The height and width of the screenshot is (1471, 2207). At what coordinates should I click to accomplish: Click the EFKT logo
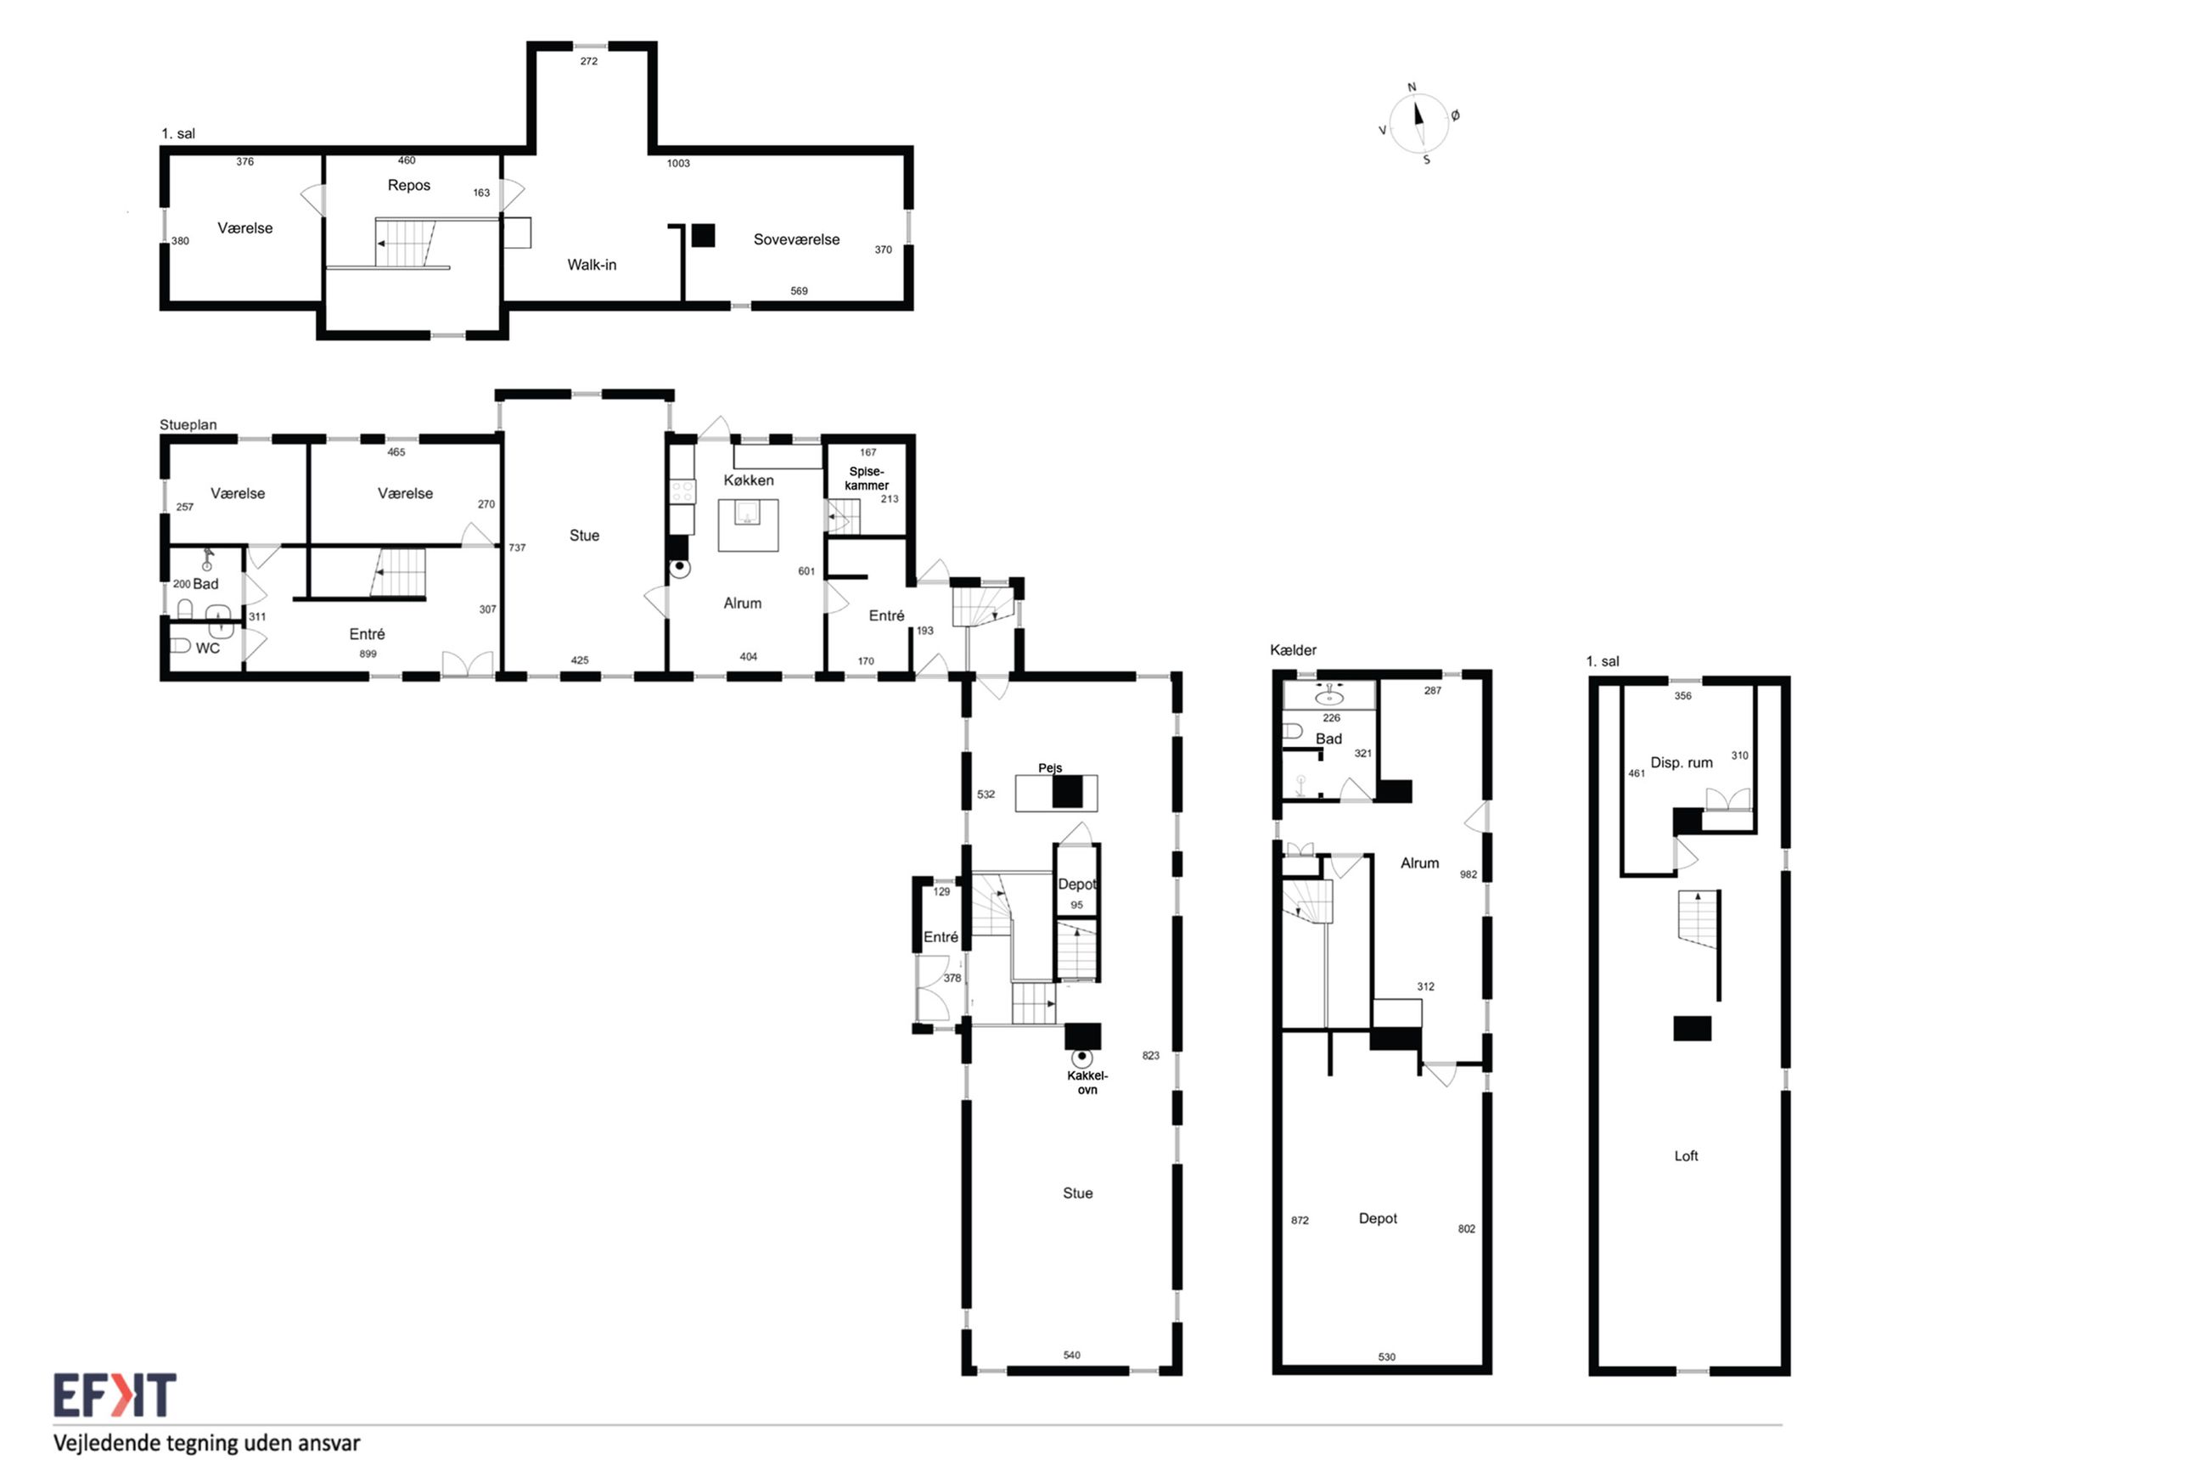pos(115,1395)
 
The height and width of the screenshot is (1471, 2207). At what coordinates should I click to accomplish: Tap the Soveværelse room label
pos(796,239)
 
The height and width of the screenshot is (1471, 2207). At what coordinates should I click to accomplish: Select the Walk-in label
pos(592,265)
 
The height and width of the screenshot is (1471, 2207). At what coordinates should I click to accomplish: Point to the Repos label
pos(409,186)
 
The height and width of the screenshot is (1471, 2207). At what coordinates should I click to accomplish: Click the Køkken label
pos(749,480)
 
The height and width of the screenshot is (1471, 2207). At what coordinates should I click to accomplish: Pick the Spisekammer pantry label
pos(866,479)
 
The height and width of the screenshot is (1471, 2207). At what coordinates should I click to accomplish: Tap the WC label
pos(207,648)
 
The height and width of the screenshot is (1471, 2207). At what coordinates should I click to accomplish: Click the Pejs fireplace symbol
pos(1056,792)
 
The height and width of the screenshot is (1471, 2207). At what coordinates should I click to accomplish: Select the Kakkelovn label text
pos(1087,1082)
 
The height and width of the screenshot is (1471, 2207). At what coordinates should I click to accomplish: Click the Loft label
pos(1686,1156)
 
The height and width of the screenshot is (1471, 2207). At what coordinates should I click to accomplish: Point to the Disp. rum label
pos(1681,763)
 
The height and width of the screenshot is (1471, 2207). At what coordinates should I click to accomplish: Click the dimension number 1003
pos(678,163)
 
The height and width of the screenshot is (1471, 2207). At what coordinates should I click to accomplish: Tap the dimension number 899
pos(368,654)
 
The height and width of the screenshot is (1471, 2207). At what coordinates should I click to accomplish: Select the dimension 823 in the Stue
pos(1151,1055)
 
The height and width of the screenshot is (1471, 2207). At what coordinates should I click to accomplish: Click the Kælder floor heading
pos(1293,650)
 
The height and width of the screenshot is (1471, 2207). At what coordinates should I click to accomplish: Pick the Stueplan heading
pos(188,425)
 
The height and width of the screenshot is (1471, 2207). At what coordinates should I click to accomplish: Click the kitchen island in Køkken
pos(748,525)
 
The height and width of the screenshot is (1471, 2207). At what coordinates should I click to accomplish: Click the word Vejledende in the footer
pos(106,1443)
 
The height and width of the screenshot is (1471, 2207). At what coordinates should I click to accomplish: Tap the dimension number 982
pos(1468,874)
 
